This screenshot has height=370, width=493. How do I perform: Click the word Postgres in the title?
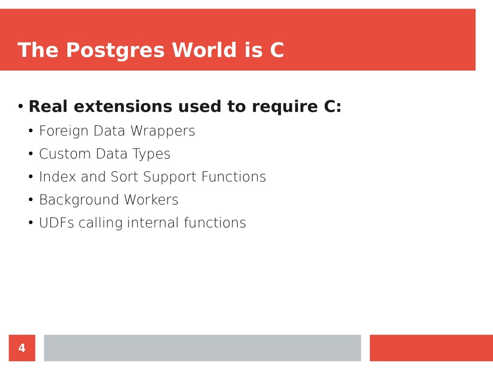115,50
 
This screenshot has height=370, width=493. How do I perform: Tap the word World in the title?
204,50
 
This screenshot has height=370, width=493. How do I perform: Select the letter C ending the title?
277,50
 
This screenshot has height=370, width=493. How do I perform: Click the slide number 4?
22,348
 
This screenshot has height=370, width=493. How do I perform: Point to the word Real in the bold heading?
48,106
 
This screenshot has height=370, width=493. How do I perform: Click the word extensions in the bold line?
123,106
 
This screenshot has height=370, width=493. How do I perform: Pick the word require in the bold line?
285,107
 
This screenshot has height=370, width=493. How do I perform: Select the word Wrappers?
163,131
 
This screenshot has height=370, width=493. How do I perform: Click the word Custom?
65,154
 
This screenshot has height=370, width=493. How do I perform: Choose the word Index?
58,176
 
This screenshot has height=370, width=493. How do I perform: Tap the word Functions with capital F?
234,176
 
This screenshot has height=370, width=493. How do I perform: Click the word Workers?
151,199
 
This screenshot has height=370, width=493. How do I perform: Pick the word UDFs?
57,223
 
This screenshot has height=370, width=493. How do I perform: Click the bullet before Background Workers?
30,199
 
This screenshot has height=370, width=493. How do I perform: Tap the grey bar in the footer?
203,348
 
